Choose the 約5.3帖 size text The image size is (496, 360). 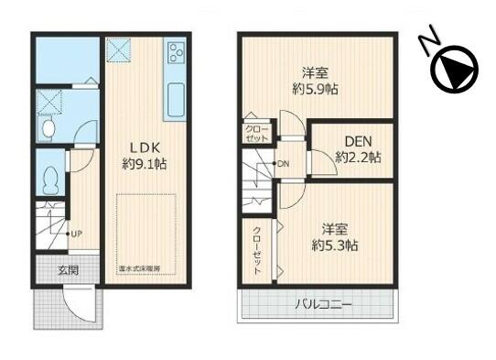(333, 245)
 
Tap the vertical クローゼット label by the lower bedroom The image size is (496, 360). (257, 251)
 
